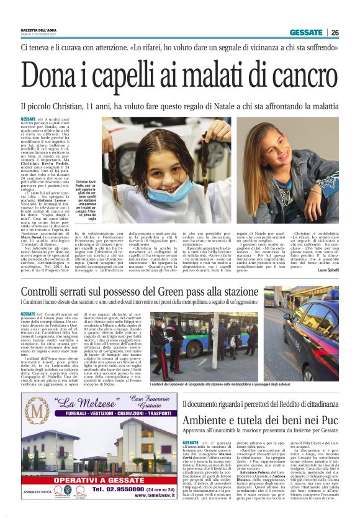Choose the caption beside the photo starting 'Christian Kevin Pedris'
pyautogui.click(x=84, y=199)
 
